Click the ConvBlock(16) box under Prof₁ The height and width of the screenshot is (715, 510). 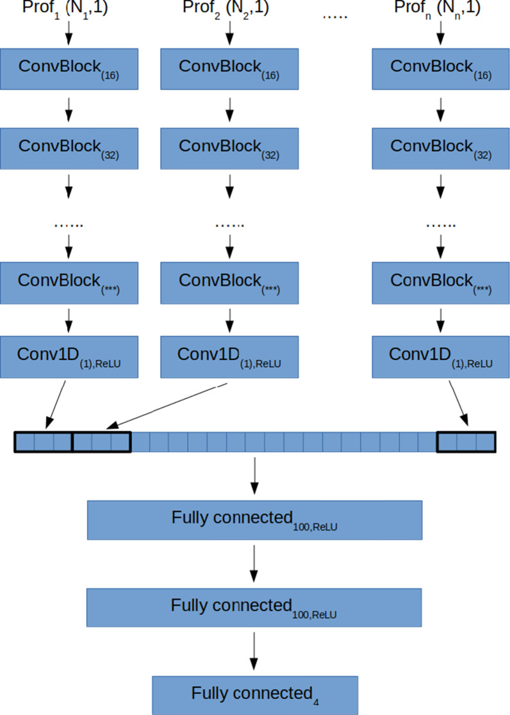click(69, 69)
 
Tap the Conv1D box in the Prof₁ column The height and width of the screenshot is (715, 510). click(69, 356)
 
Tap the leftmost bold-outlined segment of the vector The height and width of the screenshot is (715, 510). click(44, 442)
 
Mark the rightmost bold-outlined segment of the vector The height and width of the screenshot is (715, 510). click(466, 442)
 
